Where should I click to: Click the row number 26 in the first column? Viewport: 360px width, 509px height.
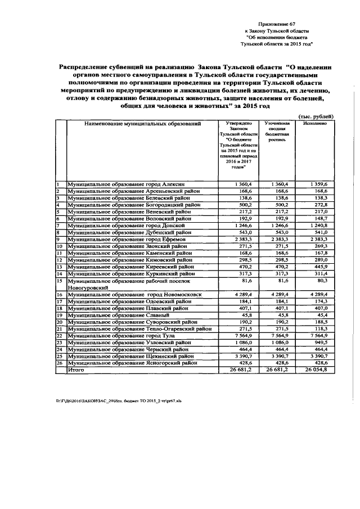[x=58, y=363]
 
